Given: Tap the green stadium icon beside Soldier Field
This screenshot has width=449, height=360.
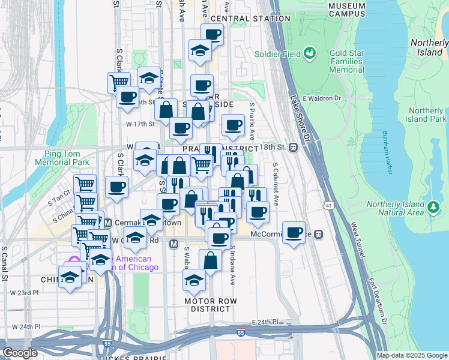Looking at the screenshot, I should coord(310,53).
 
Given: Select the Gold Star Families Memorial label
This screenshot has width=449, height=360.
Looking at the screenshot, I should coord(346,61).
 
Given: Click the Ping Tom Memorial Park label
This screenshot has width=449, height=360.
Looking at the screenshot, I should coord(62,158).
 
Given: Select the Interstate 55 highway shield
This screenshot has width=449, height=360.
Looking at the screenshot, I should coord(241,332).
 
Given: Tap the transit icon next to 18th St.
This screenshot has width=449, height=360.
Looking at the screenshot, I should coord(294,147).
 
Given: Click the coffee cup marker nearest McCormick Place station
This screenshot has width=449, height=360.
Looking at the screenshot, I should coord(294,233).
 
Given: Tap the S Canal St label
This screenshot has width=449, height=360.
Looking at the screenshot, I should coord(4,263).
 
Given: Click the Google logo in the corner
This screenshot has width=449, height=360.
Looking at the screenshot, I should coord(20,353).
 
